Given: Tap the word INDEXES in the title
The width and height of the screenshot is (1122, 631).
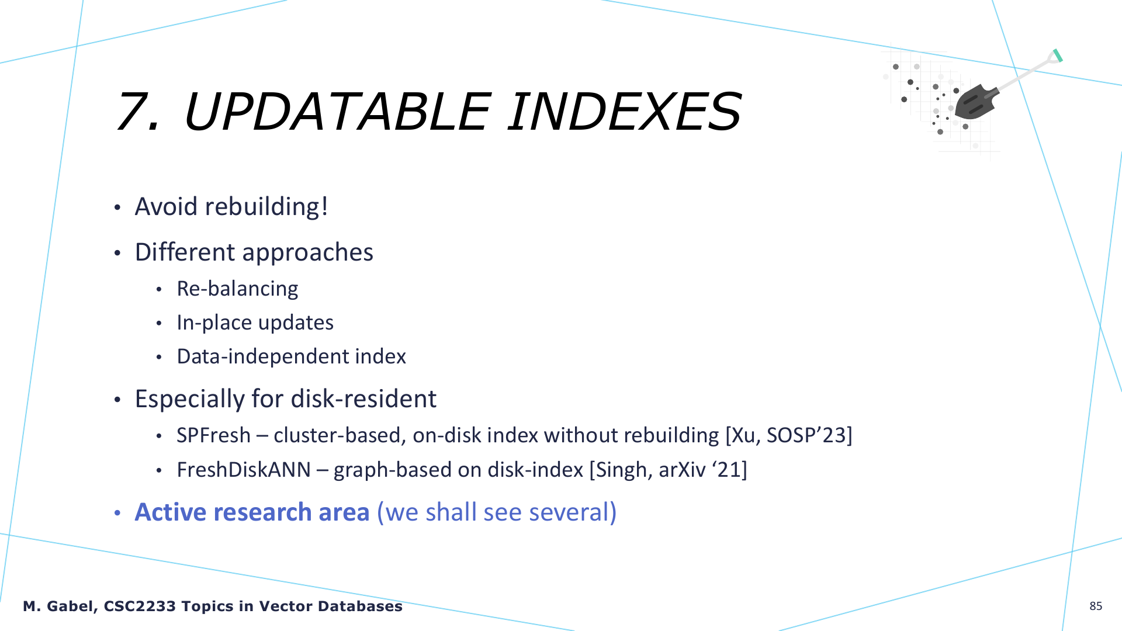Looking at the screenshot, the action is tap(624, 111).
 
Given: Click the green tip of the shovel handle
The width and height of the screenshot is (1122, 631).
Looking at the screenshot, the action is tap(1057, 56).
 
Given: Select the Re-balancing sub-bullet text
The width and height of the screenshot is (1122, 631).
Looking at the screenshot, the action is tap(237, 289).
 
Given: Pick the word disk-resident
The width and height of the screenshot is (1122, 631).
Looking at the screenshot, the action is tap(363, 399).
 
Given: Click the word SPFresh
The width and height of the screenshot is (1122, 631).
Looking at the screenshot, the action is tap(214, 435).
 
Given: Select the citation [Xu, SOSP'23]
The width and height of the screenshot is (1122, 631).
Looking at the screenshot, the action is tap(789, 436).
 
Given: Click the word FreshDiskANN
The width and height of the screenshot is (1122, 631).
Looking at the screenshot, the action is tap(244, 470).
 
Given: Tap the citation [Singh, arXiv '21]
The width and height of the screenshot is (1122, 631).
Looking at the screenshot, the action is tap(668, 470).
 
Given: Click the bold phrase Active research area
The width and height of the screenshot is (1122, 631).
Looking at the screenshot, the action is tap(252, 512).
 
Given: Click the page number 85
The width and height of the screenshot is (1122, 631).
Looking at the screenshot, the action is tap(1096, 606).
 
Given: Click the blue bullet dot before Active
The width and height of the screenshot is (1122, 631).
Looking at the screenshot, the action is tap(117, 513).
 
